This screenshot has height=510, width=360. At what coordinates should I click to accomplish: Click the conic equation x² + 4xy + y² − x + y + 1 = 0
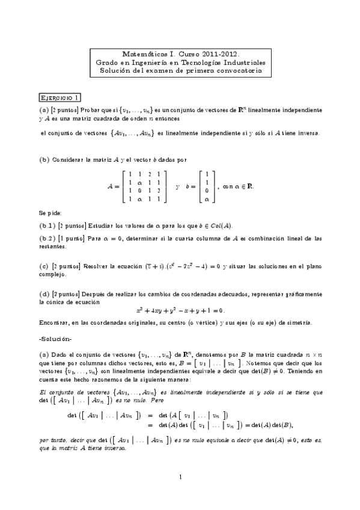180,310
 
